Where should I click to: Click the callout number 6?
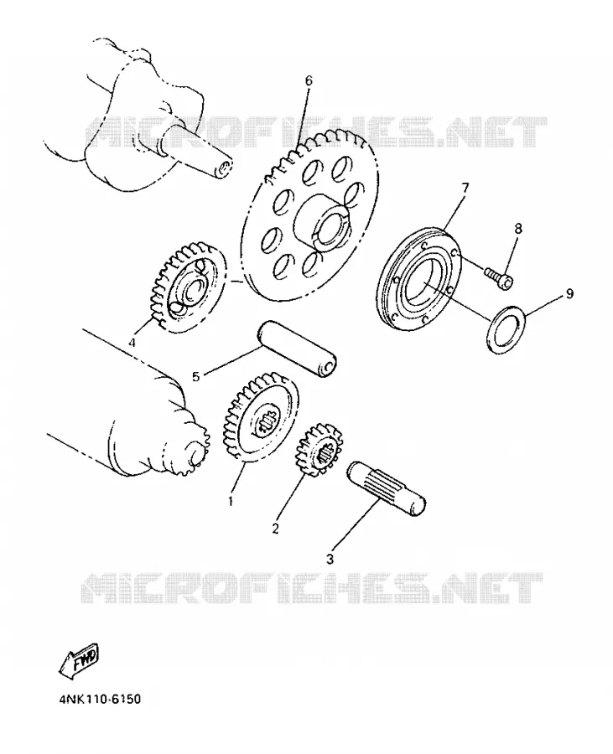pyautogui.click(x=309, y=80)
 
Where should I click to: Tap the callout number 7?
pyautogui.click(x=465, y=188)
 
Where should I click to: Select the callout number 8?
pyautogui.click(x=517, y=228)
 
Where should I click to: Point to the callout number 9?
pyautogui.click(x=569, y=293)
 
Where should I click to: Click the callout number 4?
pyautogui.click(x=132, y=343)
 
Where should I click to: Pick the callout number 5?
pyautogui.click(x=195, y=376)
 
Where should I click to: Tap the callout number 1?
pyautogui.click(x=231, y=501)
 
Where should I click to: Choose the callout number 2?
pyautogui.click(x=275, y=529)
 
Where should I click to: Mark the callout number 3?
pyautogui.click(x=330, y=560)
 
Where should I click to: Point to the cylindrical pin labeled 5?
pyautogui.click(x=297, y=349)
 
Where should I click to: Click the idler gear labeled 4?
pyautogui.click(x=187, y=288)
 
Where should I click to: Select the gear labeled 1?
pyautogui.click(x=260, y=417)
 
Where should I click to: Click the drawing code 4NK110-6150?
pyautogui.click(x=100, y=699)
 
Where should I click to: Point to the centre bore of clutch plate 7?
pyautogui.click(x=422, y=285)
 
